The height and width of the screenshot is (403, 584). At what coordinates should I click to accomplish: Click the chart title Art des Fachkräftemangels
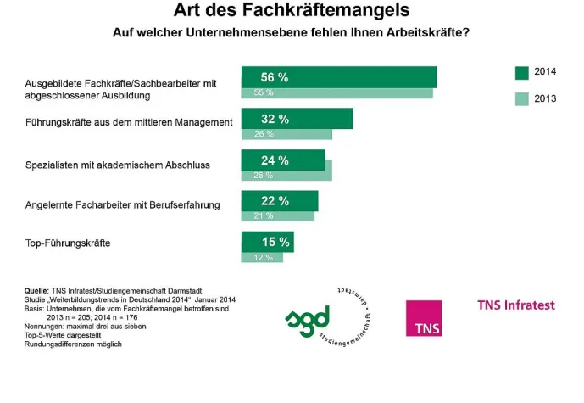291,11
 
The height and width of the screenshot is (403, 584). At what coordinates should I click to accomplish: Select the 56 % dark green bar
339,76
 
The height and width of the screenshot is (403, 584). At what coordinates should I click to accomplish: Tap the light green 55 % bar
336,92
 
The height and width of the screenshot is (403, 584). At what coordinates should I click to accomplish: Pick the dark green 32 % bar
297,119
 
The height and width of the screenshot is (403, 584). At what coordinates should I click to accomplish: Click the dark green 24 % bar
283,160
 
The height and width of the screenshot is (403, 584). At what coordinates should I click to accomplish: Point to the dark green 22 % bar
280,200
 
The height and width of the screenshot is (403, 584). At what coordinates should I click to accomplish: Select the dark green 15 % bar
268,242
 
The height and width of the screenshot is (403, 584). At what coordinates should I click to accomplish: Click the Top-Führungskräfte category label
69,244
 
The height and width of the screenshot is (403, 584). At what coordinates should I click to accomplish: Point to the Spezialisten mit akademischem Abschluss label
118,164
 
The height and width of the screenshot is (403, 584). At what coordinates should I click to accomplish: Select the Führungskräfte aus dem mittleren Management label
129,123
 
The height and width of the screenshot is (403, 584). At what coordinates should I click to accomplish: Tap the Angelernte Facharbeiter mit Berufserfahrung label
123,204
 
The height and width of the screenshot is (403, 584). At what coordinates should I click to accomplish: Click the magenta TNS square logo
423,318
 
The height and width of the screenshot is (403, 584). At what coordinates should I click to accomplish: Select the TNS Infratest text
516,304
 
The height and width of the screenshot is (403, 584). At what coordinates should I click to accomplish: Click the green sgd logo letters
307,321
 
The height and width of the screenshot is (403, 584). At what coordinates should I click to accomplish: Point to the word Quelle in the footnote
36,291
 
